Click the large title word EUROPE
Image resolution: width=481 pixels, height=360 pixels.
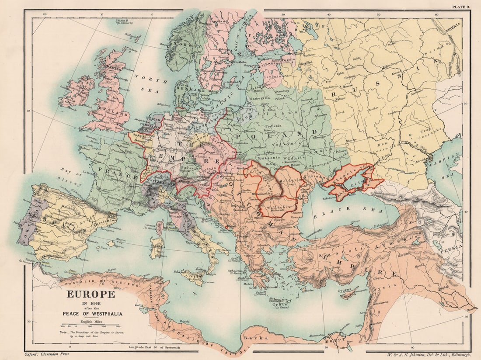pos(91,294)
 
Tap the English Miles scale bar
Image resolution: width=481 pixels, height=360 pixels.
pos(91,326)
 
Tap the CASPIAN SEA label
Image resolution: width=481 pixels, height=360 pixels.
pos(455,166)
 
